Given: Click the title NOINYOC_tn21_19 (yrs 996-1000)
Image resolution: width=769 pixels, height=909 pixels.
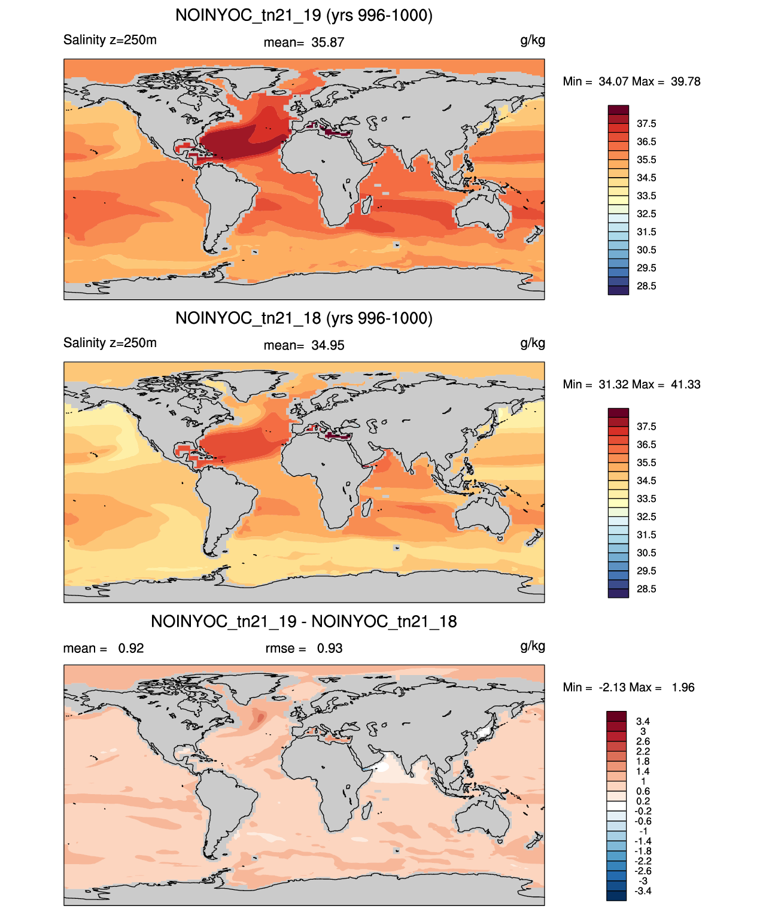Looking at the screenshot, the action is click(304, 16).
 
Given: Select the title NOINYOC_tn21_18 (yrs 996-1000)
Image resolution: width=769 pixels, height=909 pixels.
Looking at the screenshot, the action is click(304, 318).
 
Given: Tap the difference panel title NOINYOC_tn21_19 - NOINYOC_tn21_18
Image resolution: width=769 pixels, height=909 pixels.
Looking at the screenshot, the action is click(304, 621).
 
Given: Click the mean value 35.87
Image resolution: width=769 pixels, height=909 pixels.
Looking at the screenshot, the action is click(327, 42).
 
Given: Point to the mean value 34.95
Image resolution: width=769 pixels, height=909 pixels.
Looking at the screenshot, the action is click(327, 345).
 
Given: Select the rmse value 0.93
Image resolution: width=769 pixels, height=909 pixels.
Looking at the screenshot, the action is click(329, 648).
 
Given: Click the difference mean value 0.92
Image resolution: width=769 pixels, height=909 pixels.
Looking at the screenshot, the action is click(130, 648).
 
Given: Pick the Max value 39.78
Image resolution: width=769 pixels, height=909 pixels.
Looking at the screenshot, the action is click(685, 81).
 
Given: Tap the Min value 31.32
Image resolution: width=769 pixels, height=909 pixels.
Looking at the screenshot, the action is click(613, 384).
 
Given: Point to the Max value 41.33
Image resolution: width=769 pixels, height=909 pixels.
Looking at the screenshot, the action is click(685, 384).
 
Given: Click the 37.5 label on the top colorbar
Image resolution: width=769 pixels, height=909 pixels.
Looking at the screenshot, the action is click(646, 124).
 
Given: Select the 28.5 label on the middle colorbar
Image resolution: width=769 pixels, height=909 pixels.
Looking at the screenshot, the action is click(646, 589).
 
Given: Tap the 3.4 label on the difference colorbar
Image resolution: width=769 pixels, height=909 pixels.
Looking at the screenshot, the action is click(643, 721).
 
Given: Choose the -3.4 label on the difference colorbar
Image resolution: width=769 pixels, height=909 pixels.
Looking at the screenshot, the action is click(643, 892).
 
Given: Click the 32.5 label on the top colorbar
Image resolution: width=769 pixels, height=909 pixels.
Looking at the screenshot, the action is click(646, 214).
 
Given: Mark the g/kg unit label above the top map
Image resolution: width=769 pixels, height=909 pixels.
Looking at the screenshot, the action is click(533, 41).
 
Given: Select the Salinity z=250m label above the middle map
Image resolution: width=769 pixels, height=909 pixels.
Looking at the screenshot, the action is click(110, 342).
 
